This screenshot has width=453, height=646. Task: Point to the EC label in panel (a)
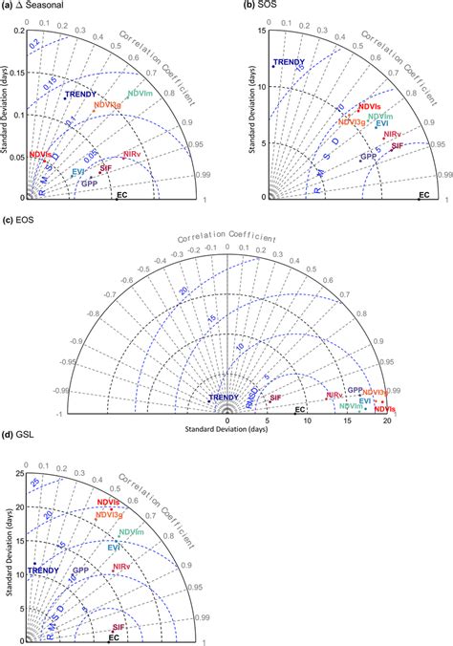(121, 195)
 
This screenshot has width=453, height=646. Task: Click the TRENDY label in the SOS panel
(290, 63)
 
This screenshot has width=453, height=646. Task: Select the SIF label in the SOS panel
(398, 145)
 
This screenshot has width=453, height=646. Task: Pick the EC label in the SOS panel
(424, 195)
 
